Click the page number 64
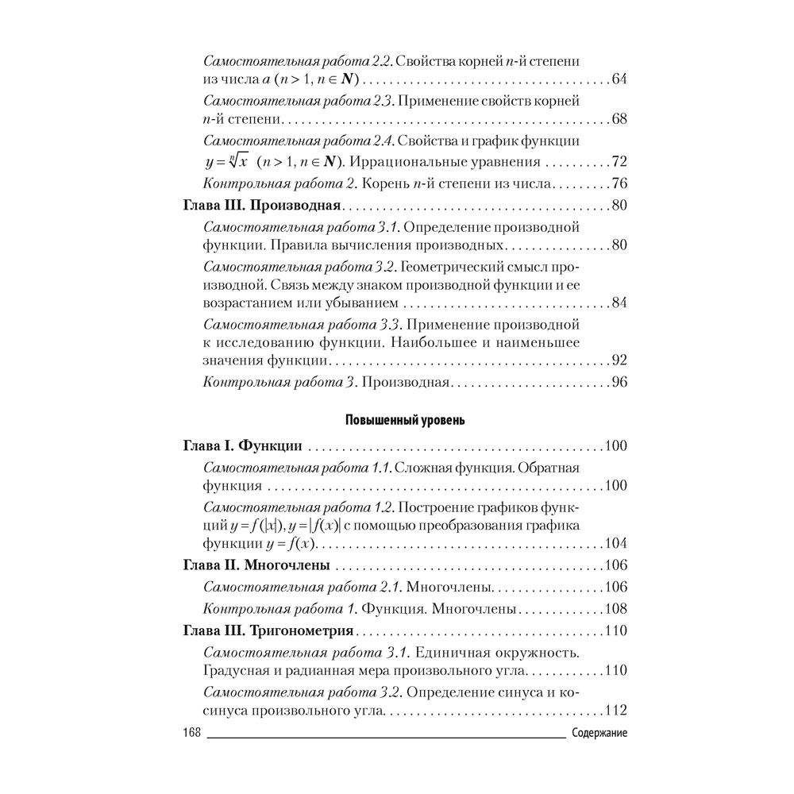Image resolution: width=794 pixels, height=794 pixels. click(x=619, y=80)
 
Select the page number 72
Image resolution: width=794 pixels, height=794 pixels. click(x=619, y=162)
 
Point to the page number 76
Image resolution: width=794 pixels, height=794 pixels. click(x=619, y=185)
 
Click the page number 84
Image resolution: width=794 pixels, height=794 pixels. click(x=619, y=303)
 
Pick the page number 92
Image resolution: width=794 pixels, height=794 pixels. click(x=619, y=360)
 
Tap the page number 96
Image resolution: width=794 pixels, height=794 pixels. click(x=619, y=383)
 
